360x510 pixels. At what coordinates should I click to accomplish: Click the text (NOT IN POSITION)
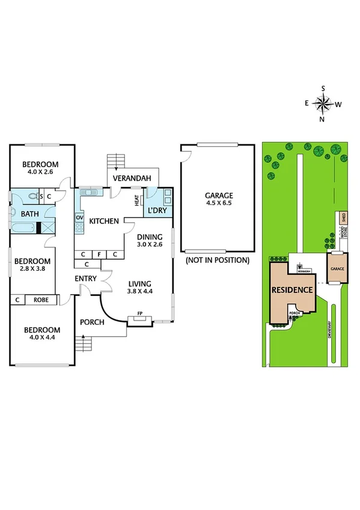pyautogui.click(x=217, y=260)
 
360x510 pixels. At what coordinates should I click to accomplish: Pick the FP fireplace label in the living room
pyautogui.click(x=140, y=314)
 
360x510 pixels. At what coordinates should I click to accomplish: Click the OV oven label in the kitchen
pyautogui.click(x=79, y=218)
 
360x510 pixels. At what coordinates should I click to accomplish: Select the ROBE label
pyautogui.click(x=41, y=300)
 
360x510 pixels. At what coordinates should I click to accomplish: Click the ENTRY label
pyautogui.click(x=86, y=278)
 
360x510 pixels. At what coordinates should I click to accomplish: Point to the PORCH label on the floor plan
pyautogui.click(x=93, y=322)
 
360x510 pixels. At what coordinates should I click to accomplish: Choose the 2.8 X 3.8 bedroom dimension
pyautogui.click(x=31, y=269)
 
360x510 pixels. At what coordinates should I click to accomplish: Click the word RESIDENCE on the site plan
pyautogui.click(x=293, y=290)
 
